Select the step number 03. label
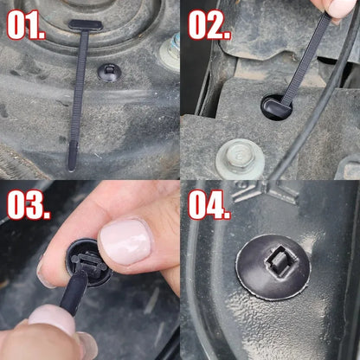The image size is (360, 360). pos(29,206)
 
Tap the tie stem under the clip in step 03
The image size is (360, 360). pos(74,294)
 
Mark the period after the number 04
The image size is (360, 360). pos(227,215)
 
